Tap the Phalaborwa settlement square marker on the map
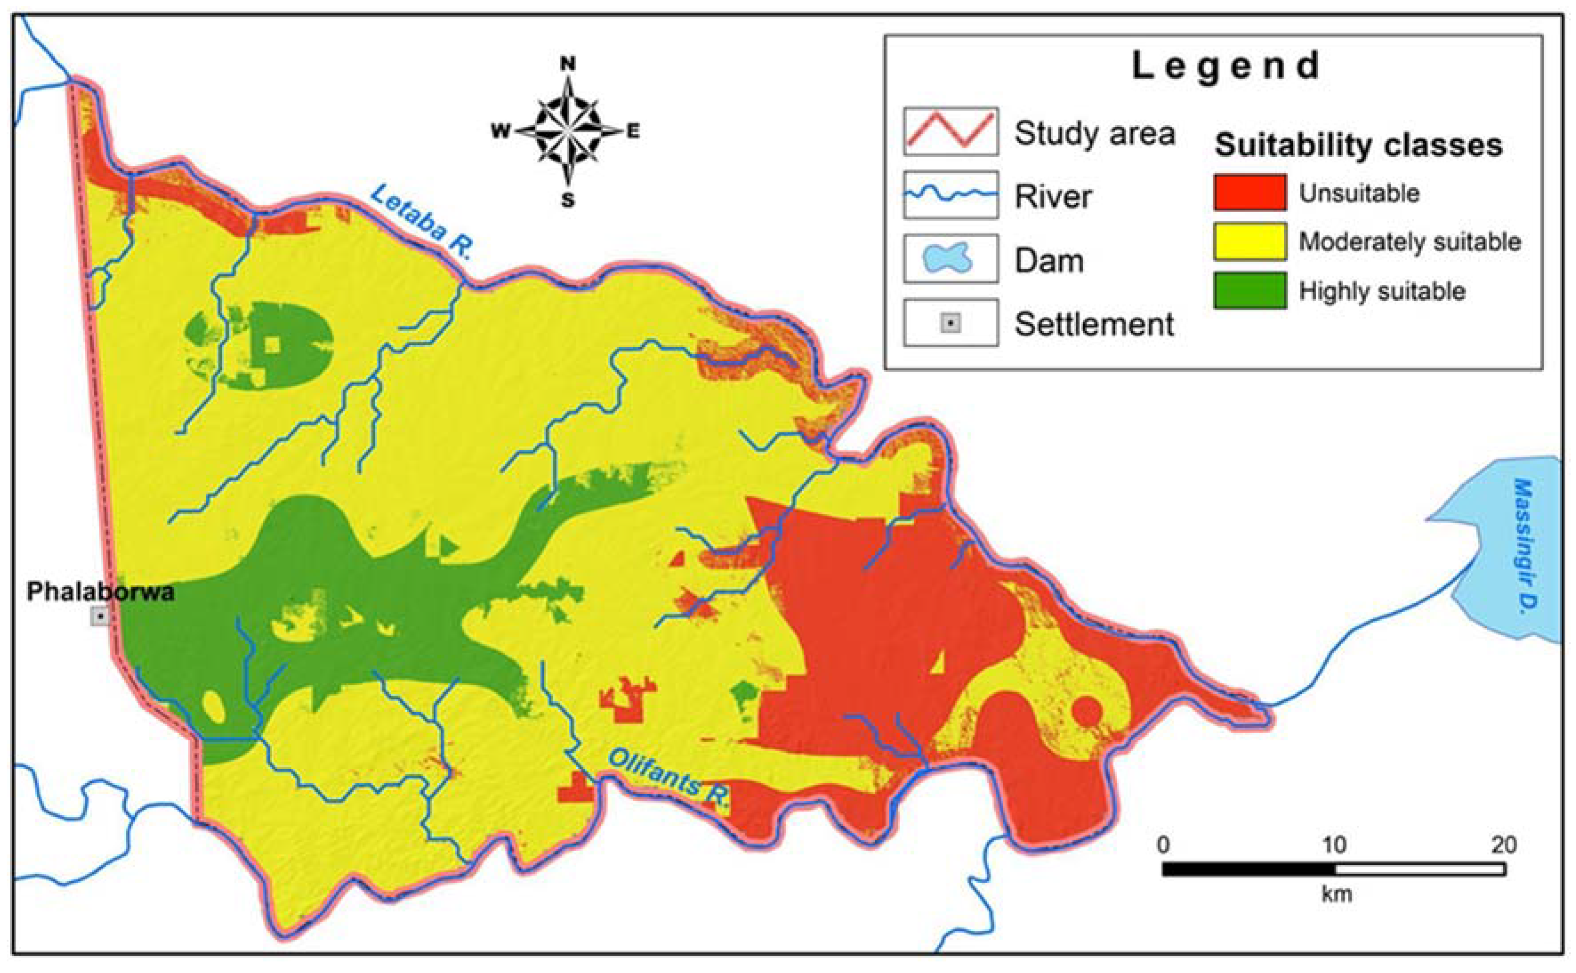100,617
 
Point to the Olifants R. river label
669,779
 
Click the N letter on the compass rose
568,64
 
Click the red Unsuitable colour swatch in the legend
1249,192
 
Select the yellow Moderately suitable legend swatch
1249,241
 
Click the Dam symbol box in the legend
950,258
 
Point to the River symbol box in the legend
950,194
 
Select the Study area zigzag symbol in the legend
950,131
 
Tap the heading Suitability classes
1358,145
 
